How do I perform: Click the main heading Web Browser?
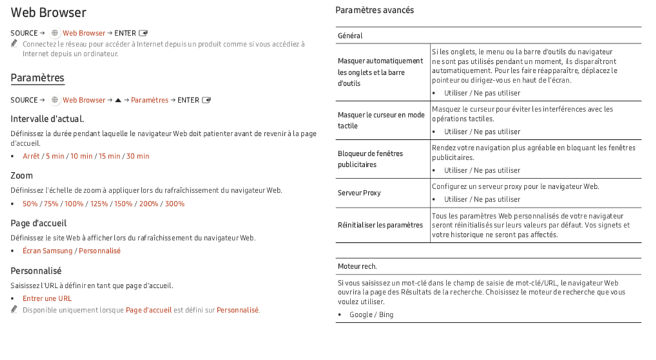click(x=48, y=13)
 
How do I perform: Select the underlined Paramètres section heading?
click(x=37, y=78)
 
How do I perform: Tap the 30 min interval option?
click(x=137, y=156)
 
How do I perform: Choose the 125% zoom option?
click(x=99, y=204)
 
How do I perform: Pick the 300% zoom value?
click(x=175, y=204)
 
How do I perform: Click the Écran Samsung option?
click(x=48, y=251)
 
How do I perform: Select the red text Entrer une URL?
click(x=47, y=298)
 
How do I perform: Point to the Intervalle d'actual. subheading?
click(x=47, y=119)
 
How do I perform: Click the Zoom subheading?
click(x=21, y=175)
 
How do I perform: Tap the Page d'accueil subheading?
click(x=38, y=223)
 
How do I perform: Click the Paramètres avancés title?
click(x=374, y=10)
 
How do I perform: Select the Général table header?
click(x=350, y=35)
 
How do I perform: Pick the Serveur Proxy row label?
click(x=359, y=193)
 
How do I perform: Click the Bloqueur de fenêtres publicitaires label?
click(x=370, y=159)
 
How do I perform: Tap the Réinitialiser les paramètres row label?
click(x=380, y=225)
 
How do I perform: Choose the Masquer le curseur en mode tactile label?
click(x=381, y=120)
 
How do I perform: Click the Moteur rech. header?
click(x=357, y=266)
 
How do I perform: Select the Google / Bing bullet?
click(x=371, y=314)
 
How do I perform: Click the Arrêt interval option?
click(x=31, y=156)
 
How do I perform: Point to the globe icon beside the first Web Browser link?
click(x=55, y=33)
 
